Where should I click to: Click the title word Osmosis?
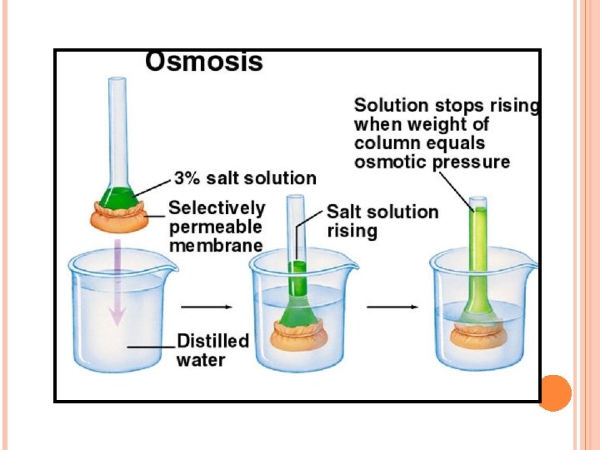204,62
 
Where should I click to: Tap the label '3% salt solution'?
245,178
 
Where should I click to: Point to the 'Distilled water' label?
212,350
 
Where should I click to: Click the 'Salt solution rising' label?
382,221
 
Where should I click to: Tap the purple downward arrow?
117,283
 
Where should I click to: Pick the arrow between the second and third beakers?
392,307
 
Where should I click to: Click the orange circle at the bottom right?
555,392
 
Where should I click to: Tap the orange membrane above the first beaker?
117,219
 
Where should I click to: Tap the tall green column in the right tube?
477,250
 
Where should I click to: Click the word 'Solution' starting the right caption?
391,107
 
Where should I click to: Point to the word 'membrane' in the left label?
216,246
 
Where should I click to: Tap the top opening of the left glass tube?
117,79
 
